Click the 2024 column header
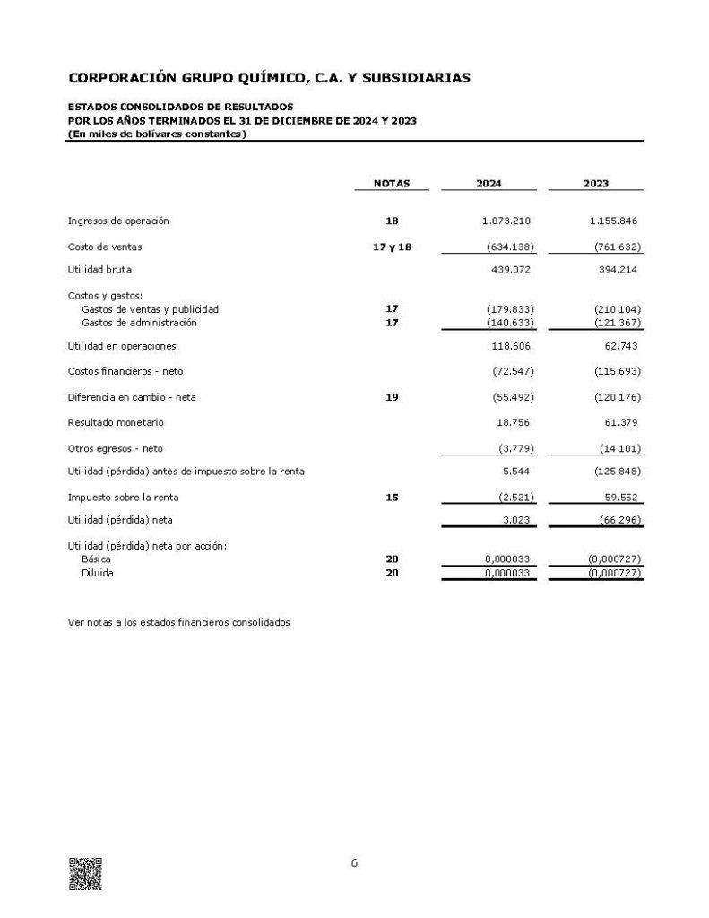[x=489, y=183]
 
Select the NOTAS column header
[x=391, y=183]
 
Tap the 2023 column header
[x=595, y=183]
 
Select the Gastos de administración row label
[x=139, y=323]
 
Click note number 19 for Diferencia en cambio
[x=391, y=396]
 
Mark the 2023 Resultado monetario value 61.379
[x=619, y=421]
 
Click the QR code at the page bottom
[x=85, y=874]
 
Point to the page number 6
[x=354, y=863]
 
